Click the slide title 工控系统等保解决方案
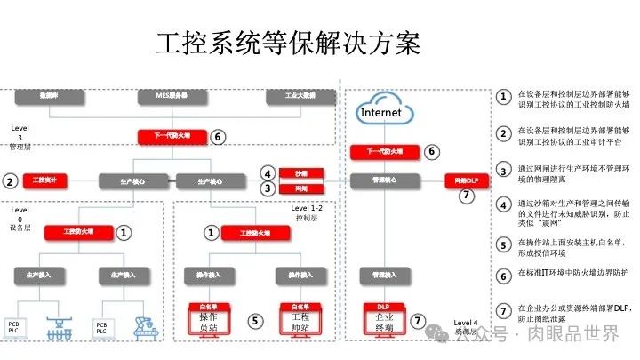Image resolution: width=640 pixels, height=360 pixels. tap(288, 43)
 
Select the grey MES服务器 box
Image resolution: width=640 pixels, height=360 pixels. tap(171, 94)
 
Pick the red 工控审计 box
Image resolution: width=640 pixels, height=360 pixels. tap(44, 181)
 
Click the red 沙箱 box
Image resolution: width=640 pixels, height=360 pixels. tap(300, 172)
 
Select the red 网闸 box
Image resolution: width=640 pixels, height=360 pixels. tap(300, 188)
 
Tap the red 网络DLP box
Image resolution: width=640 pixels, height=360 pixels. tap(467, 180)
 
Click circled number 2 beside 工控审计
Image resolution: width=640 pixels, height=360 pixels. tap(11, 181)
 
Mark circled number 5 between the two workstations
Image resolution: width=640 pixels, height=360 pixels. tap(254, 320)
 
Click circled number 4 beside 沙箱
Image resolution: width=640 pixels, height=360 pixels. tap(267, 172)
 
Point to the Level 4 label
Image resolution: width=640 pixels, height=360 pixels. tap(465, 324)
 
